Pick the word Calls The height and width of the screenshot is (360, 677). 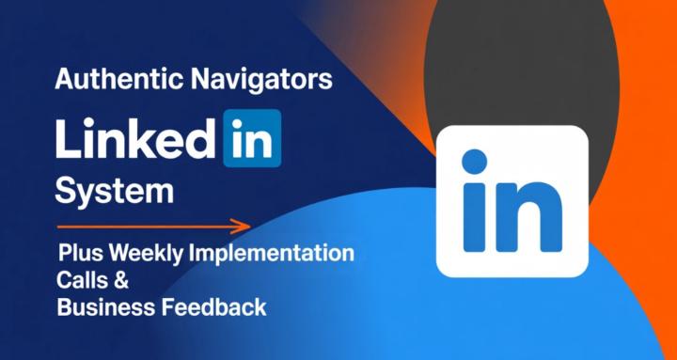tap(82, 280)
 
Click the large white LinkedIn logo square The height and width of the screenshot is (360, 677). tap(512, 202)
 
